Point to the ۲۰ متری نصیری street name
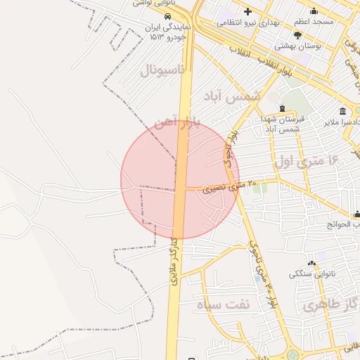[224, 187]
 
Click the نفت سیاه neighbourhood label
[224, 305]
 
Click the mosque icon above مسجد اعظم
[314, 11]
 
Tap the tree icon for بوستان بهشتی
[298, 35]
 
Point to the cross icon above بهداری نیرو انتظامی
[247, 11]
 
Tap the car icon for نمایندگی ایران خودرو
[167, 15]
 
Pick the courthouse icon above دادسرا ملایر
[342, 112]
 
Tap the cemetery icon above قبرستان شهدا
[281, 109]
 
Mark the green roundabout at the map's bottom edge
[292, 355]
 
